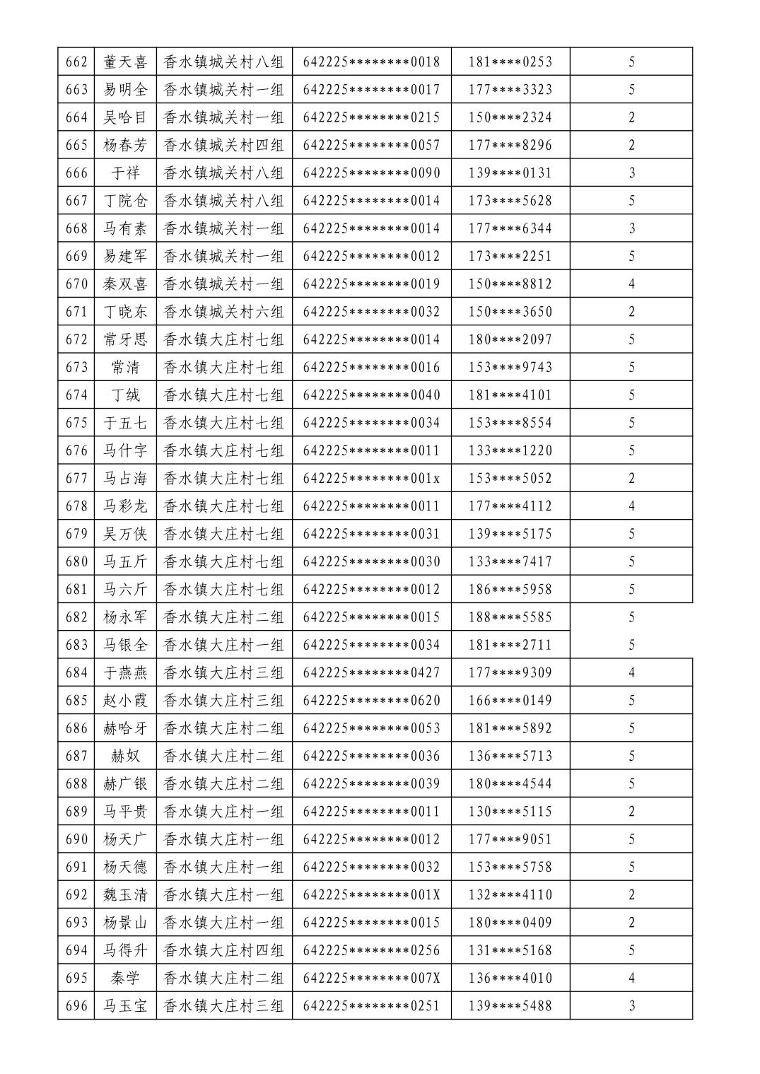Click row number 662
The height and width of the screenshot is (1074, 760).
(76, 62)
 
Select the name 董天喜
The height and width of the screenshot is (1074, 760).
(125, 62)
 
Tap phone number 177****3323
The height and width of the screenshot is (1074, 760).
(510, 90)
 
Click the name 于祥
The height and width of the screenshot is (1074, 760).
(125, 173)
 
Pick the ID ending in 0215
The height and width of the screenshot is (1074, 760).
(371, 117)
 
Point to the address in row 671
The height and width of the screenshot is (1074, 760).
(223, 312)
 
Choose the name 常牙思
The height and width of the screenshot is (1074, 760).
(125, 339)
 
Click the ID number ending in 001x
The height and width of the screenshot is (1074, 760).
(371, 479)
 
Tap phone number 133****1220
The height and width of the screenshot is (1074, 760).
(510, 450)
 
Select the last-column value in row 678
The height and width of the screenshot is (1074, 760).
(631, 506)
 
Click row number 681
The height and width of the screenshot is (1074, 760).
(76, 590)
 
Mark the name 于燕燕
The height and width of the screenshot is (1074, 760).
(125, 672)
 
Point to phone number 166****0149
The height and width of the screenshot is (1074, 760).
(510, 701)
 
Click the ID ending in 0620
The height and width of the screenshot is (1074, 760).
(371, 701)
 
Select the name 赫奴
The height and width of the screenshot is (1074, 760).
(125, 756)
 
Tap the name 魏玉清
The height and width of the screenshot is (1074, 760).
(125, 895)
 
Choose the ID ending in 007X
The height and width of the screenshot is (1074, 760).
(371, 979)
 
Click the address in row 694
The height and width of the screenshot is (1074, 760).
(223, 950)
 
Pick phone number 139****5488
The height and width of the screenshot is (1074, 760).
(510, 1006)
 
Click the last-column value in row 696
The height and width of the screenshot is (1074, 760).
(631, 1006)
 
